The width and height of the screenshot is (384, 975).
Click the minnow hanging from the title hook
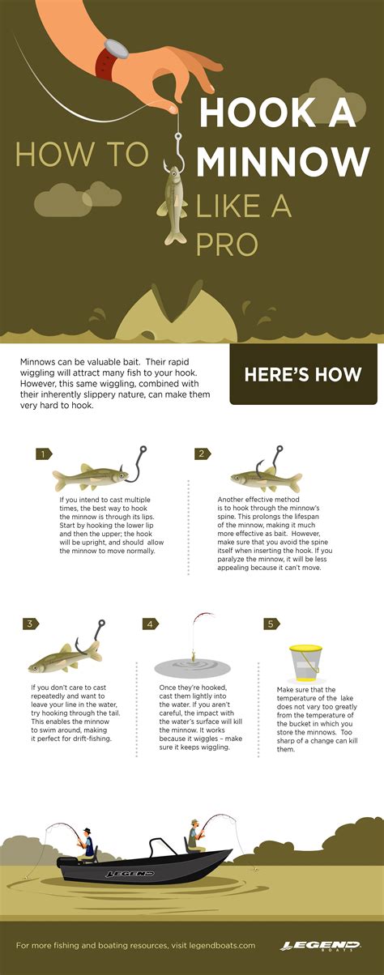click(173, 206)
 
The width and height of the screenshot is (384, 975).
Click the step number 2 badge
click(202, 454)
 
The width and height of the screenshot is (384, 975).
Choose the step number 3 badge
click(31, 624)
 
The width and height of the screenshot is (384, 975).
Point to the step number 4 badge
click(151, 624)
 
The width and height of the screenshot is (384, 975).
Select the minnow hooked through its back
click(253, 478)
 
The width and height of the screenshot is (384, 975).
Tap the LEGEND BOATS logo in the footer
click(320, 946)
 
